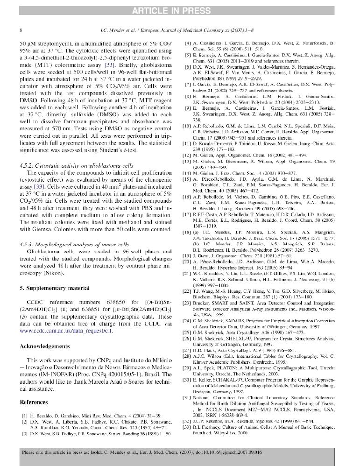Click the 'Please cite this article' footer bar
point(180,453)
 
